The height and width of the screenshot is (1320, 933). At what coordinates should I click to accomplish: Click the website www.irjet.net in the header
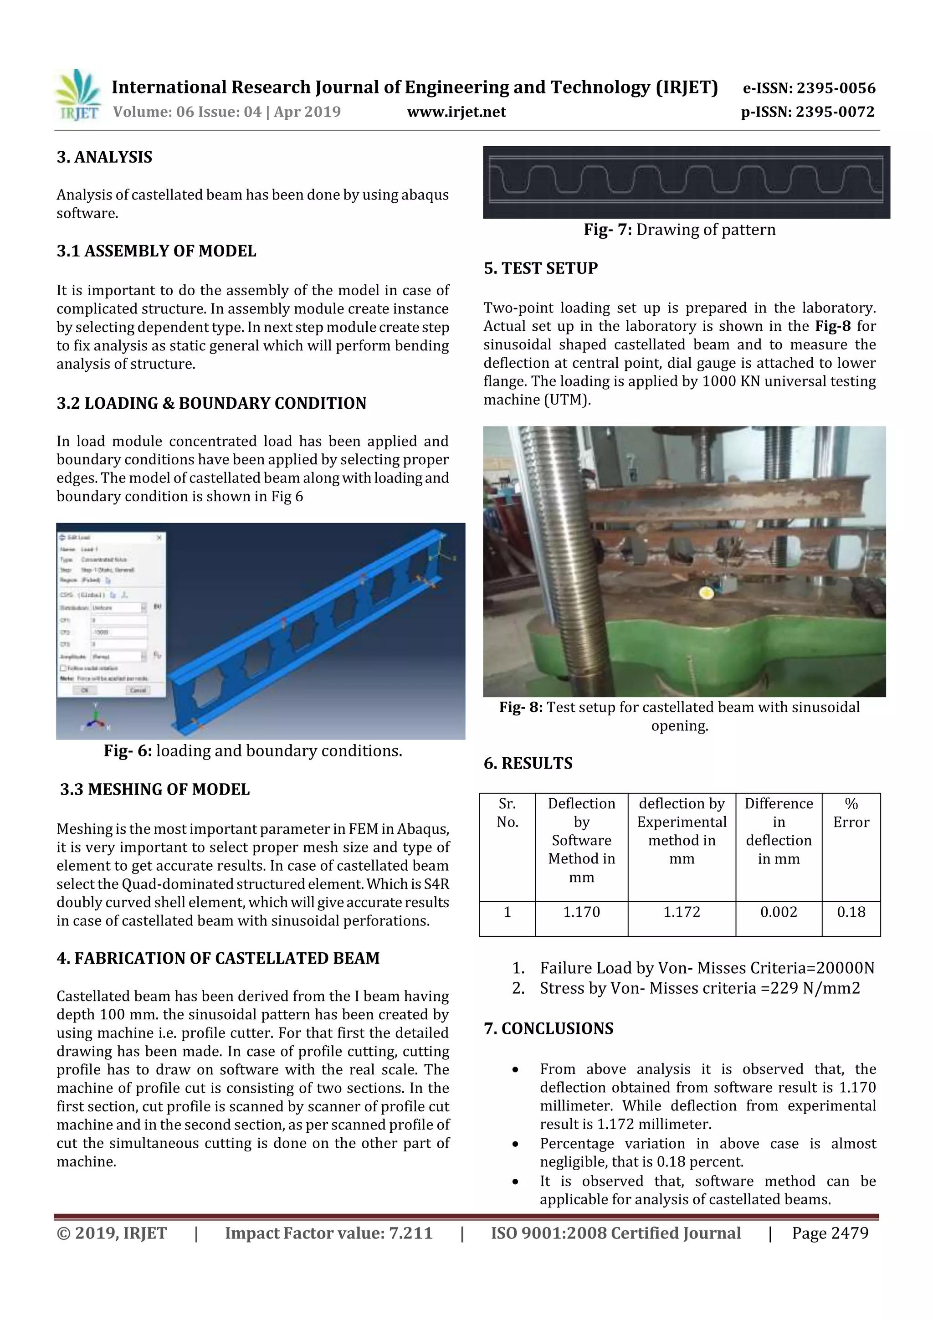point(456,112)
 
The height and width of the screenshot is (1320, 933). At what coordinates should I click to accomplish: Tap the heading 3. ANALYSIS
point(105,158)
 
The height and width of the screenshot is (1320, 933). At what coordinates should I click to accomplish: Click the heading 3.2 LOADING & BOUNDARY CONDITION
point(211,404)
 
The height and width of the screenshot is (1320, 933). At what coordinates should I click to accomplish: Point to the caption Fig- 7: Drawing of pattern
point(680,230)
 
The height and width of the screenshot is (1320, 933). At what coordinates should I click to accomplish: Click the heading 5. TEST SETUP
point(540,268)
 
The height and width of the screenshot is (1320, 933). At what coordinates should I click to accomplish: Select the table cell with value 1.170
point(581,912)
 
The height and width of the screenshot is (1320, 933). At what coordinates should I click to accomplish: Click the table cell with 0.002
point(779,912)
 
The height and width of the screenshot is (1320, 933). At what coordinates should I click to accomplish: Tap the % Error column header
point(851,813)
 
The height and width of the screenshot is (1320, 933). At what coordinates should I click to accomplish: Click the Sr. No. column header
point(507,813)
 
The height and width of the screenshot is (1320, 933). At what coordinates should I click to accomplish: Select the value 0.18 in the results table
point(851,912)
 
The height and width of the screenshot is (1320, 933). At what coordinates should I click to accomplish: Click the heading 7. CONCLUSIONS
point(549,1028)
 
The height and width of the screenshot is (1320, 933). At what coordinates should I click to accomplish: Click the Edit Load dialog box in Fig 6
point(112,615)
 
